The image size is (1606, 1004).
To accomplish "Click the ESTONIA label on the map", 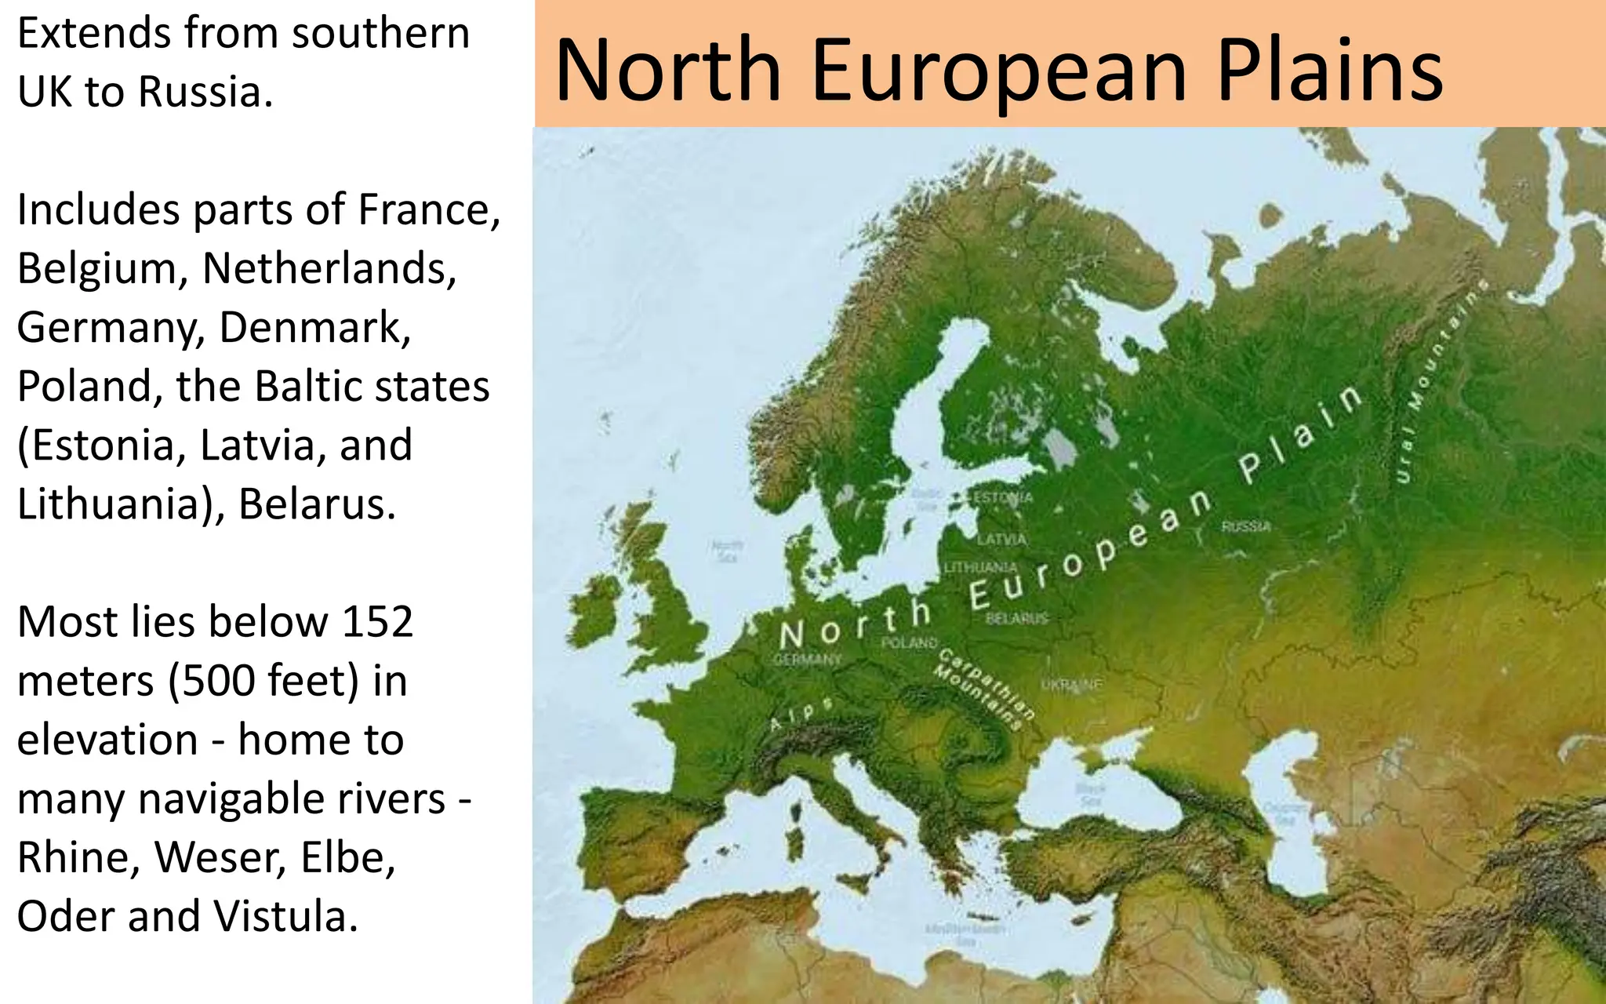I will [x=1003, y=497].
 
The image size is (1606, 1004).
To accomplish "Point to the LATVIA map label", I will [x=1001, y=540].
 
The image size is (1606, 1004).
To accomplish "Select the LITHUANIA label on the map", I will [x=980, y=567].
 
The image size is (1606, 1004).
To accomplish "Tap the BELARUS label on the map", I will [x=1016, y=619].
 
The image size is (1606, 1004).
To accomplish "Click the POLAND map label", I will [x=909, y=643].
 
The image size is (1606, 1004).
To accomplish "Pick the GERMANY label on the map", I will [x=807, y=660].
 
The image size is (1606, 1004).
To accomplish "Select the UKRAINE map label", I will [x=1071, y=685].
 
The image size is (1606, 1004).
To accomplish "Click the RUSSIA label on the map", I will [x=1245, y=526].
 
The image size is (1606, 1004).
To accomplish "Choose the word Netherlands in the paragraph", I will [x=329, y=268].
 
